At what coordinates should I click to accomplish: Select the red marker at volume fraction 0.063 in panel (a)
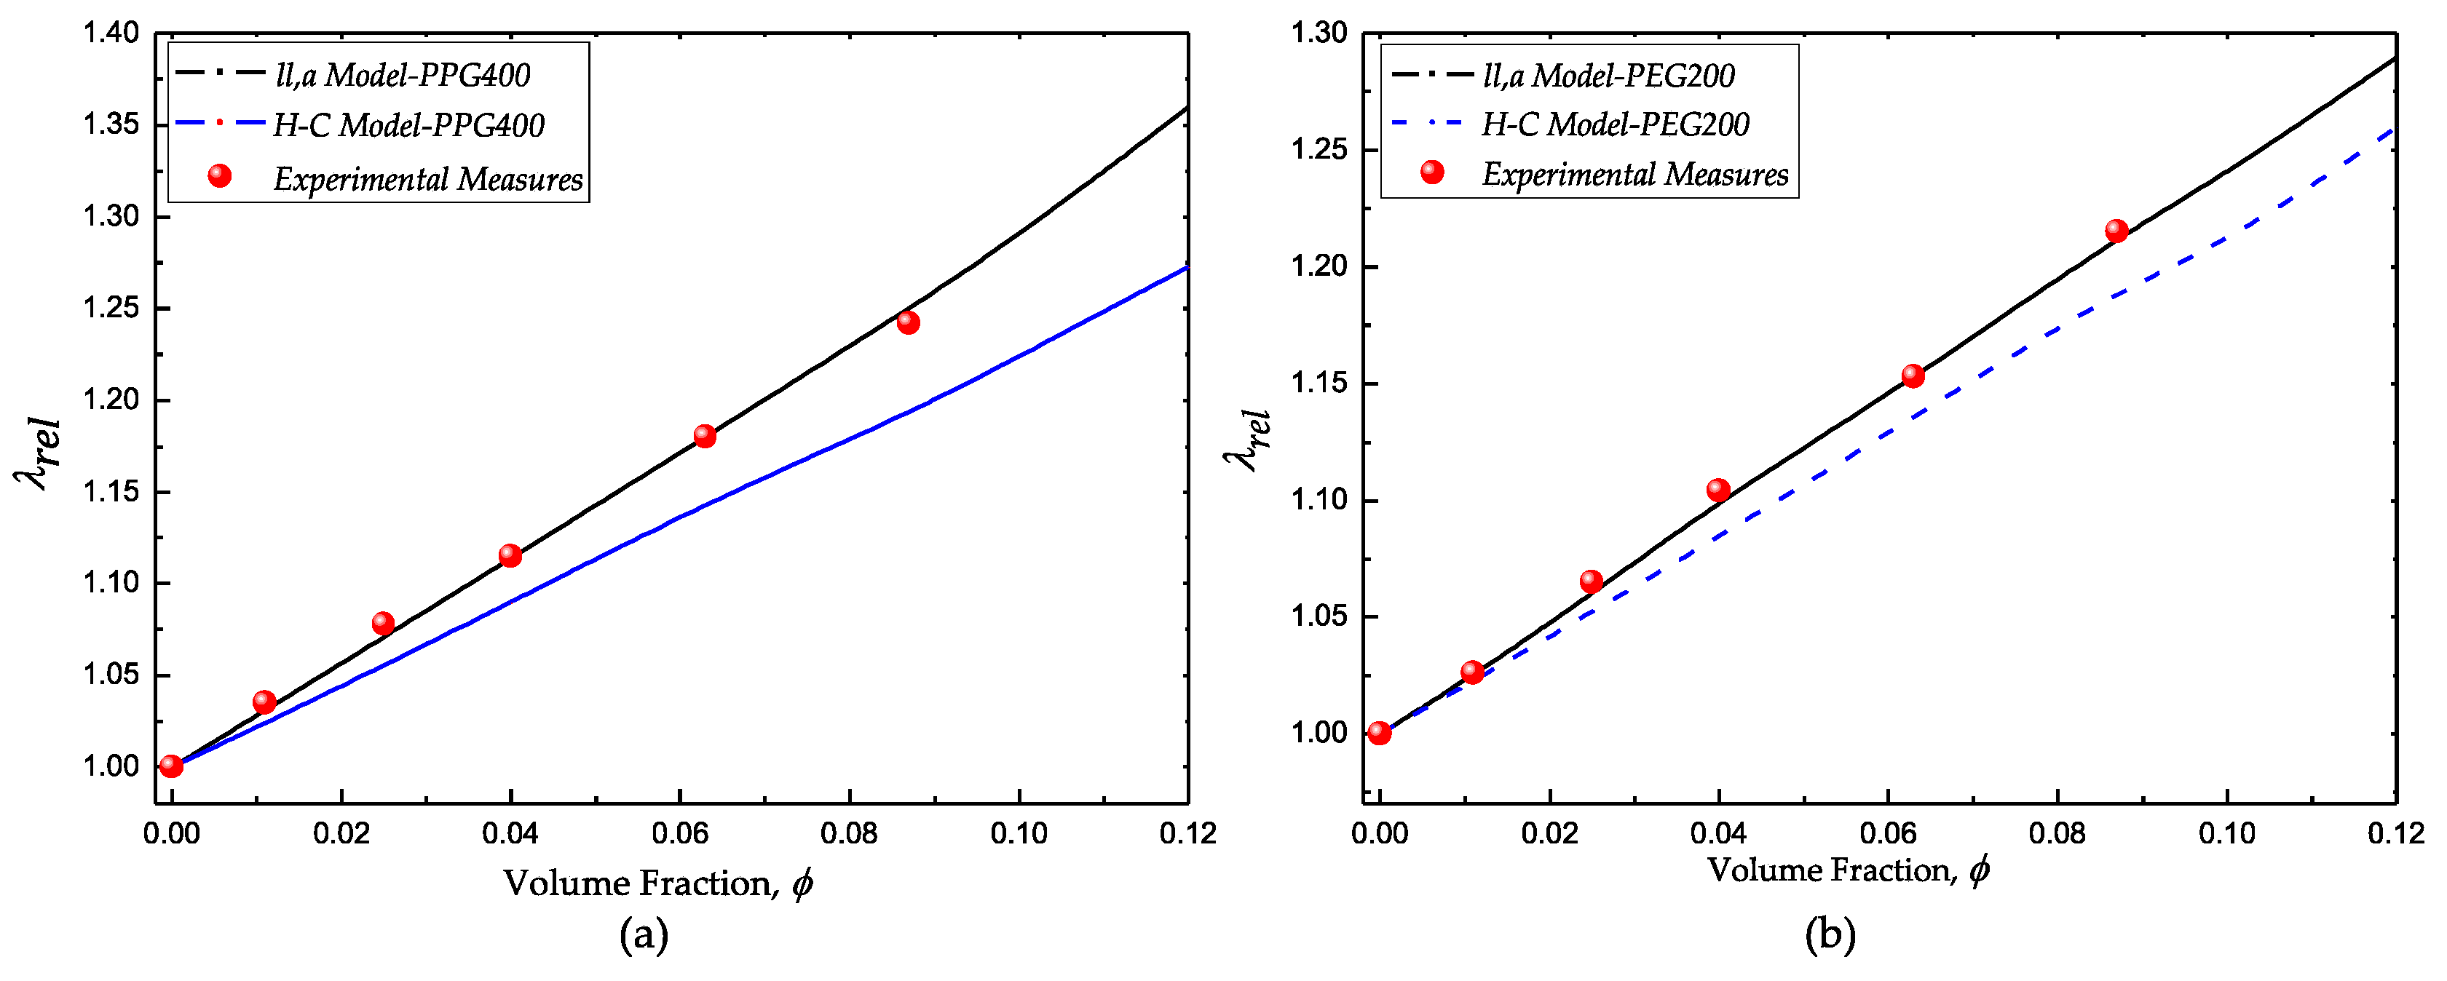(704, 436)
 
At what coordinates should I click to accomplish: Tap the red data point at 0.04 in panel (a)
(510, 555)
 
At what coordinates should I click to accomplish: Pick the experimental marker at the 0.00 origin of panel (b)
(1379, 733)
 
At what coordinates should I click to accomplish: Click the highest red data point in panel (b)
(2116, 231)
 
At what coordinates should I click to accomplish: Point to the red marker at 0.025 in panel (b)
(1591, 581)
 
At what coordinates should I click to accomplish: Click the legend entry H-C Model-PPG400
(408, 125)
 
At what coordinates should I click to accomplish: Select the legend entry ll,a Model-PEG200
(1608, 76)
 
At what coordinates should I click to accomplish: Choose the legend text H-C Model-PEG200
(1615, 124)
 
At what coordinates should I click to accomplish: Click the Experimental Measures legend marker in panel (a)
(219, 175)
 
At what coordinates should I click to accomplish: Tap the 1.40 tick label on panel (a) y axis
(111, 34)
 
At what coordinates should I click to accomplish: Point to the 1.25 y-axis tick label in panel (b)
(1319, 150)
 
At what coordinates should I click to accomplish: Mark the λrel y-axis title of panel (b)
(1246, 442)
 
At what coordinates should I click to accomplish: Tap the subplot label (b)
(1830, 935)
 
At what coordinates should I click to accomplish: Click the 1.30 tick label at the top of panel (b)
(1319, 34)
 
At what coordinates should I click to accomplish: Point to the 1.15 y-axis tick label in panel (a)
(111, 492)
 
